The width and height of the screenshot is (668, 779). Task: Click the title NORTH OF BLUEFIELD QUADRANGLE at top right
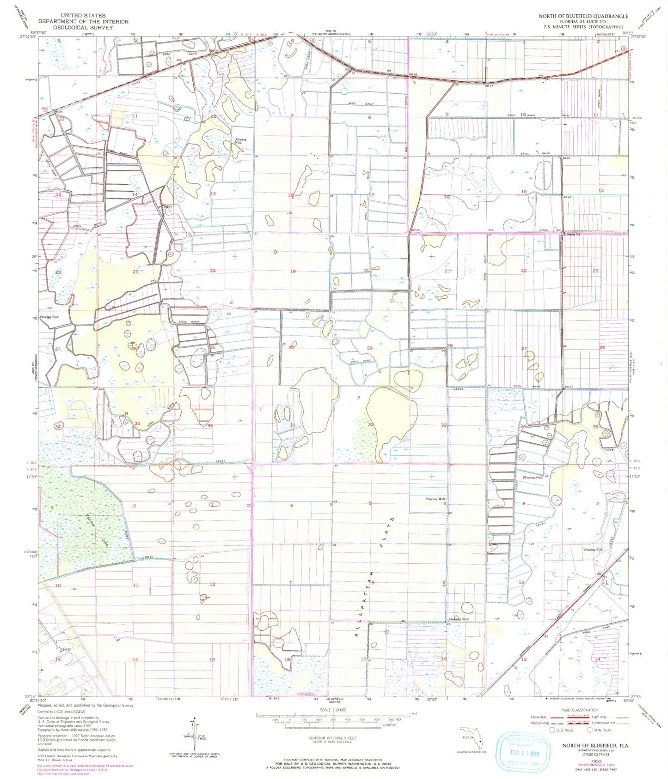pyautogui.click(x=581, y=16)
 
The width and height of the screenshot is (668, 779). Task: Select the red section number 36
pyautogui.click(x=210, y=425)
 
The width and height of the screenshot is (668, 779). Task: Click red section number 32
pyautogui.click(x=371, y=424)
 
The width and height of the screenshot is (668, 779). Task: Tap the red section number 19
pyautogui.click(x=292, y=271)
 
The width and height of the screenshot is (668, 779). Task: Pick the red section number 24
pyautogui.click(x=213, y=270)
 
